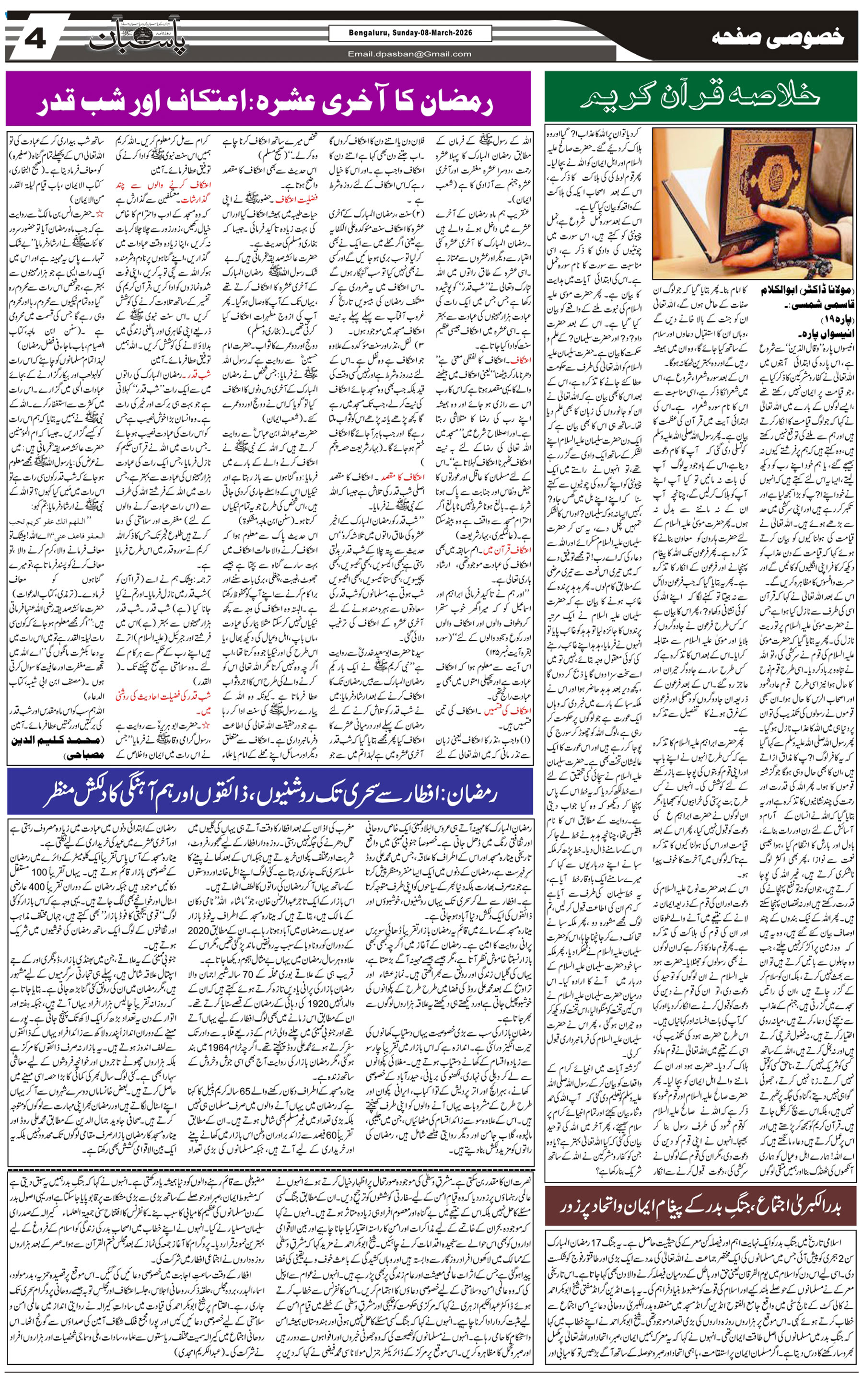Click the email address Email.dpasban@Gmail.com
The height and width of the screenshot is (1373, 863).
click(410, 54)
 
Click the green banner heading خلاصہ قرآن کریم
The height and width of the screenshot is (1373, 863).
click(700, 97)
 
